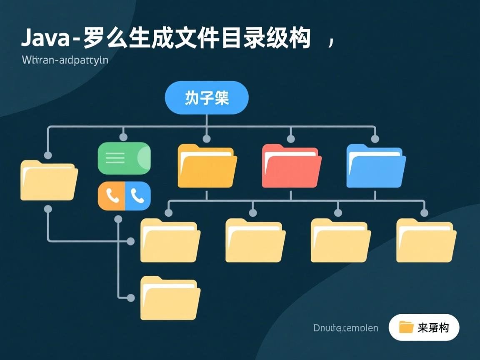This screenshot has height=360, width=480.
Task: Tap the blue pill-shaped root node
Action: point(207,98)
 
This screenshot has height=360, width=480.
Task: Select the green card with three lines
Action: point(124,158)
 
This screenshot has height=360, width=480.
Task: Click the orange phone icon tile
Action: point(111,196)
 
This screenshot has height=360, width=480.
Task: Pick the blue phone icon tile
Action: point(137,196)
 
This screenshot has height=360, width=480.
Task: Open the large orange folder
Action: point(207,166)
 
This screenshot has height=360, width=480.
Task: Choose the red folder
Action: point(291,166)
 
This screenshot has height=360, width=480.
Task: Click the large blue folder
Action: point(376,166)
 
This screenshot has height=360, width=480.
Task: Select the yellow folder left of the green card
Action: point(49,181)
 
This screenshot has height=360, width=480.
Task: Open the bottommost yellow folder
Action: point(170,298)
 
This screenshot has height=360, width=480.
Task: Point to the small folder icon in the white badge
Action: point(406,327)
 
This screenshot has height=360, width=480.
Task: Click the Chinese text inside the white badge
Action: point(433,328)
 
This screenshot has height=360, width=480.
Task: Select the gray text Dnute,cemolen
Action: point(346,328)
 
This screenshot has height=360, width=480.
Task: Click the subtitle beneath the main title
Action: point(65,60)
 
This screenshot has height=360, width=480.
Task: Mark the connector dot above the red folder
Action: point(291,139)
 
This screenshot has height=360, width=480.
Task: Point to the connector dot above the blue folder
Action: point(375,139)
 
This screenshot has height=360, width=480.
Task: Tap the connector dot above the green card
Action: point(123,137)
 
